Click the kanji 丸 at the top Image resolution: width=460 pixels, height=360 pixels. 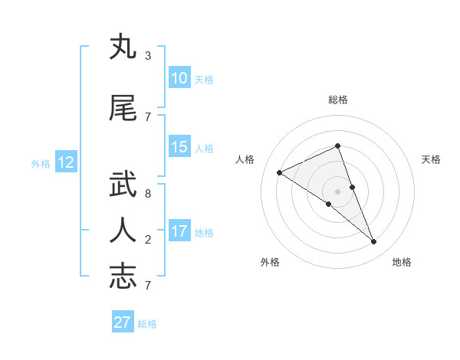tap(123, 47)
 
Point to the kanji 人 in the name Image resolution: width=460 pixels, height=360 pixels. tap(123, 230)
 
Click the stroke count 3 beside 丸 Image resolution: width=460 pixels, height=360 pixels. tap(147, 55)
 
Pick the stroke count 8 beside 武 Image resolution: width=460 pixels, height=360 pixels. tap(147, 193)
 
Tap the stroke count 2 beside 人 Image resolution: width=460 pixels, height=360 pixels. tap(147, 240)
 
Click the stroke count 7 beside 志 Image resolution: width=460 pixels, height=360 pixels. tap(147, 285)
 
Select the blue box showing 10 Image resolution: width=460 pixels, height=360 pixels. tap(179, 78)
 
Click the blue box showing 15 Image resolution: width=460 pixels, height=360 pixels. tap(179, 147)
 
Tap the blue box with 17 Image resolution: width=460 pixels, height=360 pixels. tap(179, 231)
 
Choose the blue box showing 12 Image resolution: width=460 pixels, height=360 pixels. tap(66, 162)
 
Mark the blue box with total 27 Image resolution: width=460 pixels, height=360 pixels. tap(123, 322)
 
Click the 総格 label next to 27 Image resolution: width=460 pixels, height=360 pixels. tap(147, 324)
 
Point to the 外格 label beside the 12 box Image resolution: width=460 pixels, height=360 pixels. tap(41, 163)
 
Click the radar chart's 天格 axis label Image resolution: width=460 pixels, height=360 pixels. tap(432, 159)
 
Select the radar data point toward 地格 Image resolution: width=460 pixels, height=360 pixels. tap(374, 242)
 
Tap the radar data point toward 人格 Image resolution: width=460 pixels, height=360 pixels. tap(279, 173)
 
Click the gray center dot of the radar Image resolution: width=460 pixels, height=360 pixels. tap(337, 191)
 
